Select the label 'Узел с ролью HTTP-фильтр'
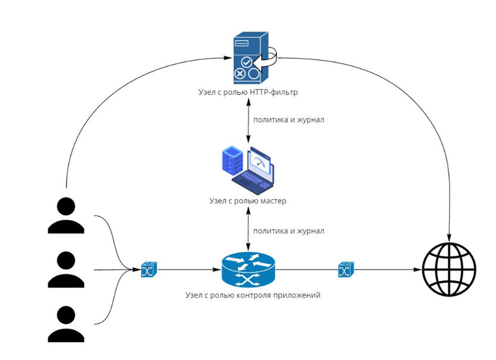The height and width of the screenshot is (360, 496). tap(248, 92)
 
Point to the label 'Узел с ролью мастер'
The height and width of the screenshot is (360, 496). tap(248, 201)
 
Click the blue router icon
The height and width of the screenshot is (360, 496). tap(248, 269)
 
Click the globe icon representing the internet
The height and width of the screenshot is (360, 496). tap(448, 269)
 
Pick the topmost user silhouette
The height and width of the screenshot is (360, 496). tap(66, 215)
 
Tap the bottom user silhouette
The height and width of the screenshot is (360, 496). tap(66, 324)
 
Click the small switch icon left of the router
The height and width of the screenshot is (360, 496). tap(148, 270)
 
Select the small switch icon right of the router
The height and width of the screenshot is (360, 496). tap(345, 270)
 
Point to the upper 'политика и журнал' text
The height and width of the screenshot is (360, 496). tap(289, 120)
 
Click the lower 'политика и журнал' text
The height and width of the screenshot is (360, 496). tap(289, 230)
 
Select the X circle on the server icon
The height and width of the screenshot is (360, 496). tap(240, 74)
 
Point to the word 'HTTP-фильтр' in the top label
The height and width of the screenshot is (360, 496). tap(275, 92)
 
